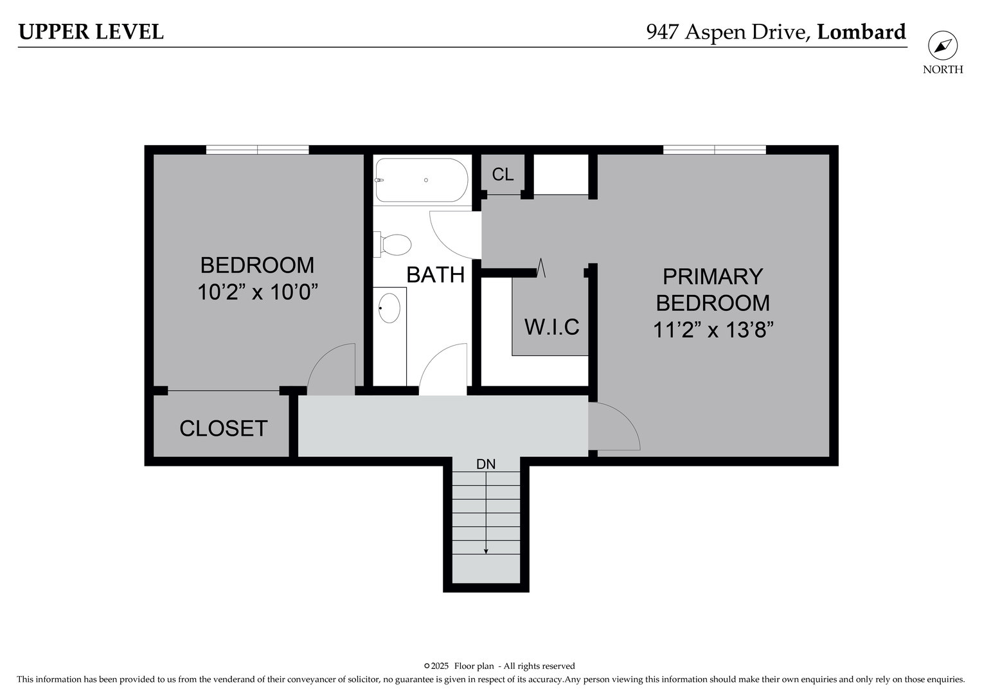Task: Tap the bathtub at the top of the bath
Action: tap(422, 180)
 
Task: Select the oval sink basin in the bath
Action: tap(389, 308)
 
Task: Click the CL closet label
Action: tap(503, 175)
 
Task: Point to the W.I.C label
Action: tap(552, 326)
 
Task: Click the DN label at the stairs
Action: tap(486, 465)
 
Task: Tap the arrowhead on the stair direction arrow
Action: tap(486, 551)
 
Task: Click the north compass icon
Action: tap(943, 46)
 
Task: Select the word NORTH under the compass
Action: tap(943, 69)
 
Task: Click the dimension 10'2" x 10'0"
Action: tap(257, 292)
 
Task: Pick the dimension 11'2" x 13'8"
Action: tap(713, 330)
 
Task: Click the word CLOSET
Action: tap(224, 429)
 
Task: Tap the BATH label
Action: tap(435, 275)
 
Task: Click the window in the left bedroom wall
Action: tap(257, 150)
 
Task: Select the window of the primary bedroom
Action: tap(715, 150)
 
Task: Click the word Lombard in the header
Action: tap(861, 31)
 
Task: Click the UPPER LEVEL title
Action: tap(91, 31)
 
